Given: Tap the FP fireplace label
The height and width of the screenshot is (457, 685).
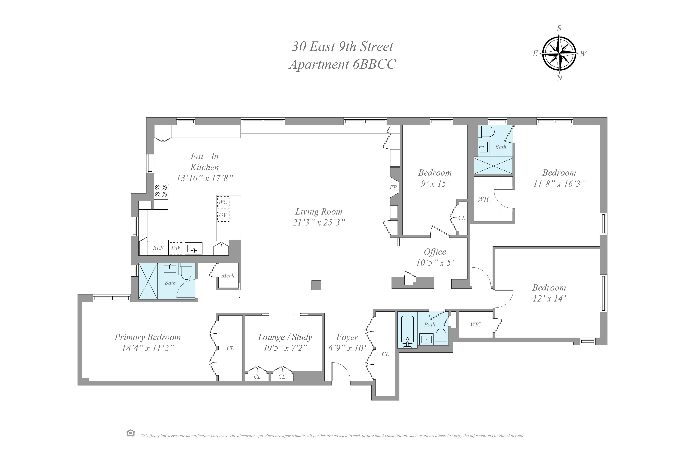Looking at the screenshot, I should click(393, 187).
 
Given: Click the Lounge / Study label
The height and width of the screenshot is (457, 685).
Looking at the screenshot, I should click(285, 337).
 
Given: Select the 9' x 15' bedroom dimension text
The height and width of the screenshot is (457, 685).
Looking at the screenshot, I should click(435, 184).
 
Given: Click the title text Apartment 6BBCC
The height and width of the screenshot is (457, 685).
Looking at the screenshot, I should click(343, 64).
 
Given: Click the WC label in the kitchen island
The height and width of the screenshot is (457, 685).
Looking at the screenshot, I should click(223, 202).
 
